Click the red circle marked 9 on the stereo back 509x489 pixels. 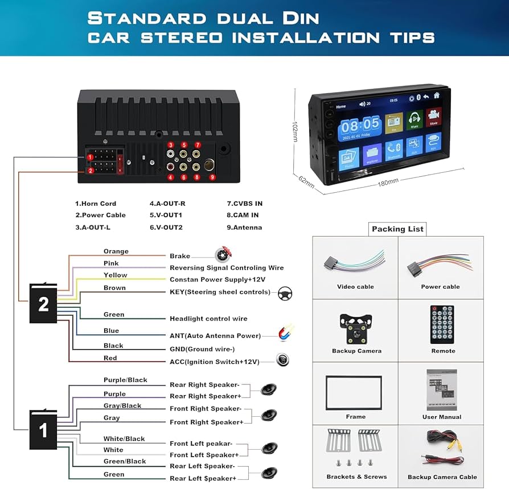[212, 177]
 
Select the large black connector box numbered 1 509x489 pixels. [43, 430]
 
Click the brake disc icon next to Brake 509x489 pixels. [223, 255]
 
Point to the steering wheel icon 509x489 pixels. [285, 293]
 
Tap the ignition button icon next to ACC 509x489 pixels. [282, 360]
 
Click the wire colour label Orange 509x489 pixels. [116, 251]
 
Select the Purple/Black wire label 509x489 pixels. [125, 380]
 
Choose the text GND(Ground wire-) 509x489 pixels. [202, 349]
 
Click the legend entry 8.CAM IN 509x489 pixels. [243, 215]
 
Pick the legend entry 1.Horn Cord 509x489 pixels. [96, 203]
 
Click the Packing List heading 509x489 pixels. [397, 229]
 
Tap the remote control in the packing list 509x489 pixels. [442, 325]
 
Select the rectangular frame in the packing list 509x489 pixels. [354, 392]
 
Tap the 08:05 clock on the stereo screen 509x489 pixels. [360, 125]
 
